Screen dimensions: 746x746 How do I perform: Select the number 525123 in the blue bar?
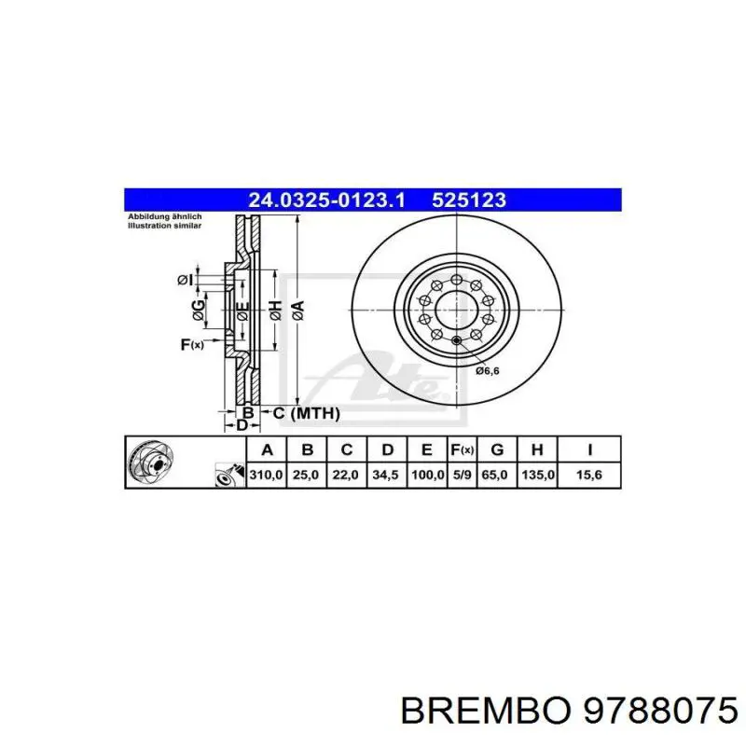[468, 200]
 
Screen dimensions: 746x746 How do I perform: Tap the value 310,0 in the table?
[267, 476]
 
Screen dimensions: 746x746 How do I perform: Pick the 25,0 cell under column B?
[307, 476]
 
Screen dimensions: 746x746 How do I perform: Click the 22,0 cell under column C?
[346, 476]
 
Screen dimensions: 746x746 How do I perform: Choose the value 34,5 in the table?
[386, 476]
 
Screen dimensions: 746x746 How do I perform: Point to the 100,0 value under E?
[426, 476]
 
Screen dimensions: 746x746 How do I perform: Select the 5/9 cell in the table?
[462, 476]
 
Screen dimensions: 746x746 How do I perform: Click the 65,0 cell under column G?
[497, 476]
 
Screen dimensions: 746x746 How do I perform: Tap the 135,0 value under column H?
[537, 476]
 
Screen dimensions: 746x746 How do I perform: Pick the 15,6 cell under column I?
[589, 476]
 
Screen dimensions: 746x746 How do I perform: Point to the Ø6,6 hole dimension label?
[488, 370]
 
